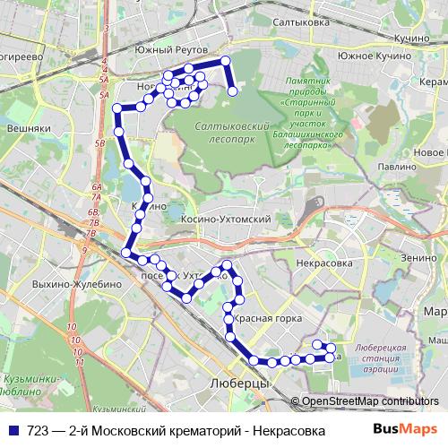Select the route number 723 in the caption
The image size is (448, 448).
(x=38, y=430)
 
